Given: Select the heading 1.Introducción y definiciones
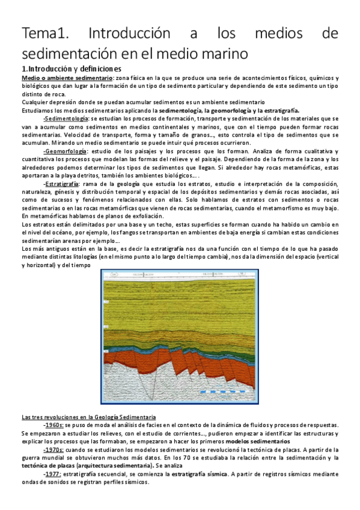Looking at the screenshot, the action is [71, 69].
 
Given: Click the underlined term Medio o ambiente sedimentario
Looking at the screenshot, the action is [67, 78].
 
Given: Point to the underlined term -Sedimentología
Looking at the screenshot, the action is [67, 118].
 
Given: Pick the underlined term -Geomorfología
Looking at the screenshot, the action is [66, 150].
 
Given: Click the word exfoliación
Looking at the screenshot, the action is [141, 215].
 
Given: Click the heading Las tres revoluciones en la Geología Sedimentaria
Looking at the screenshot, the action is [88, 417].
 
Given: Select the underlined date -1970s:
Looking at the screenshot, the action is [57, 449].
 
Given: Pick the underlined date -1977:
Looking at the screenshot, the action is [56, 473].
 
